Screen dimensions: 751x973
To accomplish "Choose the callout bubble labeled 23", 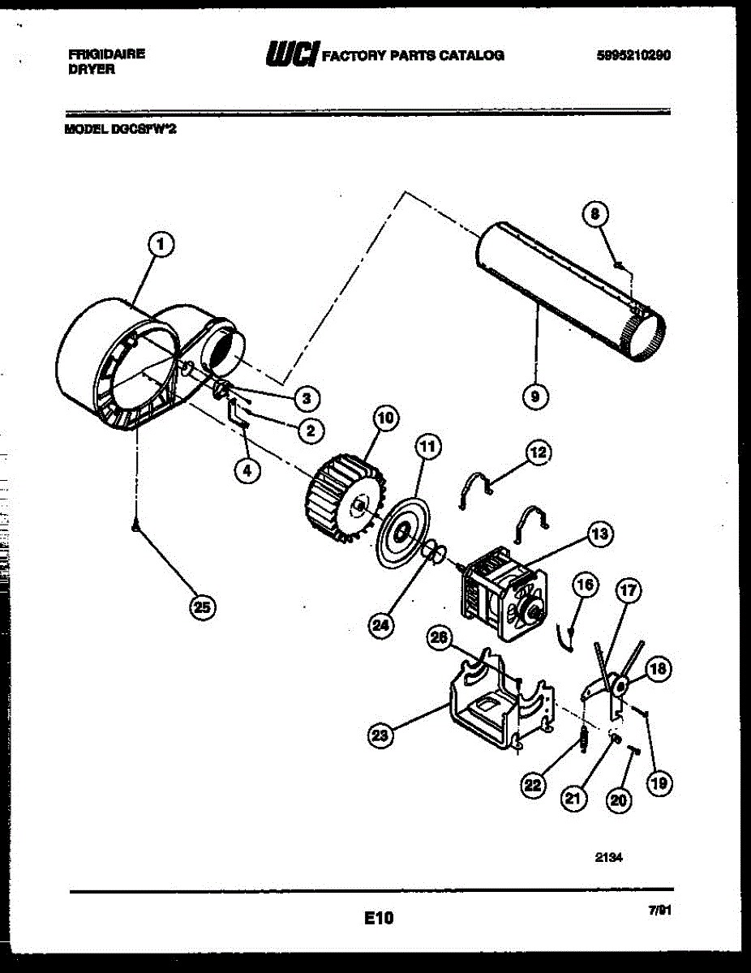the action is coord(380,735).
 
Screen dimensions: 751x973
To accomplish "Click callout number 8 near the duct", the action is coord(594,214).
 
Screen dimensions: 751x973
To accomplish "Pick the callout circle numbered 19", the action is coord(659,783).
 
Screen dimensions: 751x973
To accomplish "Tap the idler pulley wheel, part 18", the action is coord(620,686).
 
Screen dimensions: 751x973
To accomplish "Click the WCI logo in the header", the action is coord(291,54).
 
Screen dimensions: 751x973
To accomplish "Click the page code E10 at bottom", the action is coord(378,918).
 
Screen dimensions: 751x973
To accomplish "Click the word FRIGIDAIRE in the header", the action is coord(107,54).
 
